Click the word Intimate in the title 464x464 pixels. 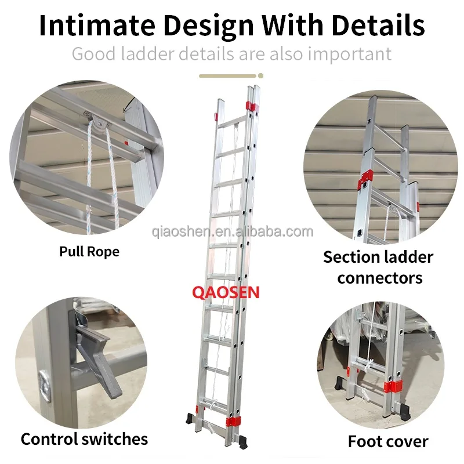(97, 25)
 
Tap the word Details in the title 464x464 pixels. (378, 25)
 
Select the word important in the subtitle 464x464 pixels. (350, 55)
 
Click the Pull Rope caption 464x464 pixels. (89, 252)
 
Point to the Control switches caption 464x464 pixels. (84, 439)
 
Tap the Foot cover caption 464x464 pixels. (388, 441)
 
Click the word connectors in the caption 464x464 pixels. (380, 278)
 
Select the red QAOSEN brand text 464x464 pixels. (226, 292)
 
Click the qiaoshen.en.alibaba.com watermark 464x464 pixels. (233, 231)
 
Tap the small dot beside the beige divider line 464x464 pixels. (260, 76)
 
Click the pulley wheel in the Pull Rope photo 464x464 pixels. (96, 121)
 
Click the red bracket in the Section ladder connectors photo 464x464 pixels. (365, 180)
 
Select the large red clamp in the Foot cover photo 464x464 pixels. (393, 386)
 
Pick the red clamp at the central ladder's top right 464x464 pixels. (252, 106)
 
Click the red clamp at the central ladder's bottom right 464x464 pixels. (233, 422)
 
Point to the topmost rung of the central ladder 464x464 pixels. (232, 122)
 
